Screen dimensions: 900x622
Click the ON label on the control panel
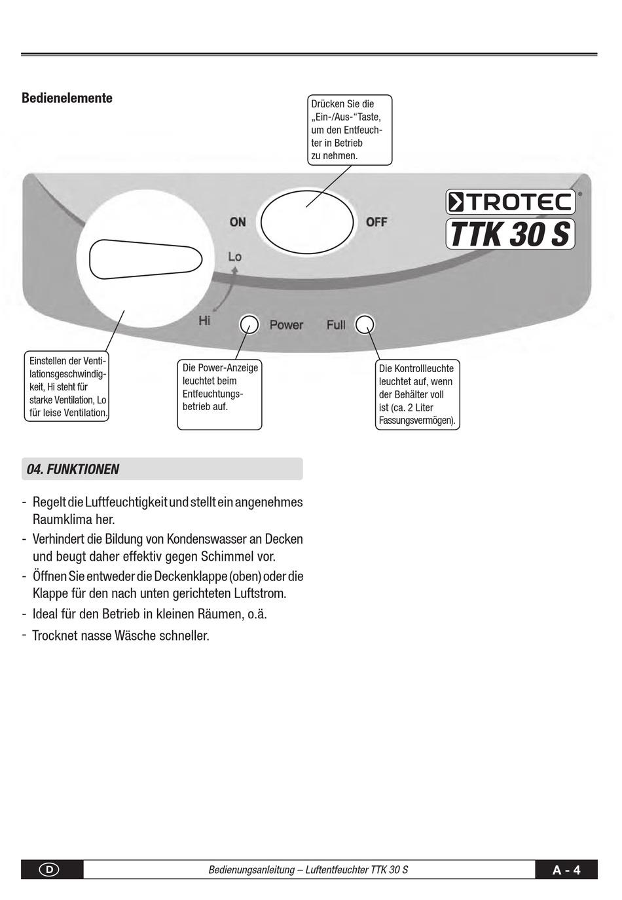point(238,222)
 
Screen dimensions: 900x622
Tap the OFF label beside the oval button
point(376,222)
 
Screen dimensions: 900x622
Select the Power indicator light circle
point(249,324)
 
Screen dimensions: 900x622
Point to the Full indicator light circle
point(365,324)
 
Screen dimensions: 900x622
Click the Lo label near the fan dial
point(234,257)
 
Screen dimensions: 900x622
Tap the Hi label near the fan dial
point(204,320)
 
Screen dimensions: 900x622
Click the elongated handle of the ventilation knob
point(145,259)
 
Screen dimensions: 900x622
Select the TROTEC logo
point(510,202)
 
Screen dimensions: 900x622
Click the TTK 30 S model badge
point(510,234)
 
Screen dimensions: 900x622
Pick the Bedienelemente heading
point(67,98)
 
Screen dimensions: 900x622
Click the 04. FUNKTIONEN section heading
point(73,469)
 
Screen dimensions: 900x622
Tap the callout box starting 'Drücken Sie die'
point(350,130)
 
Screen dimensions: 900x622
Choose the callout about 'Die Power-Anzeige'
point(219,394)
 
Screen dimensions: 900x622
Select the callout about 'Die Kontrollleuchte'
point(417,394)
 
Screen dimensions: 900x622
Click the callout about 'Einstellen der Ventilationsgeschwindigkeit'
point(67,386)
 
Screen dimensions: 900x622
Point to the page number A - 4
point(566,870)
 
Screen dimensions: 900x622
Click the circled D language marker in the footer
point(49,870)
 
